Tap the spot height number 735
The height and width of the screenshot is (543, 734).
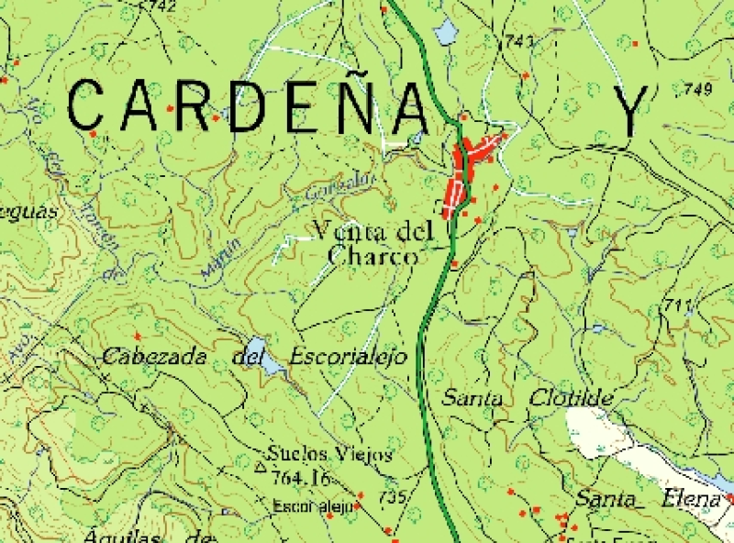coord(392,497)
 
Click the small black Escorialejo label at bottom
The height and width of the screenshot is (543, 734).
coord(313,506)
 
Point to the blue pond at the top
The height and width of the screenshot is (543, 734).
coord(444,33)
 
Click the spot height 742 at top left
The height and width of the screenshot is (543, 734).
coord(161,6)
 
